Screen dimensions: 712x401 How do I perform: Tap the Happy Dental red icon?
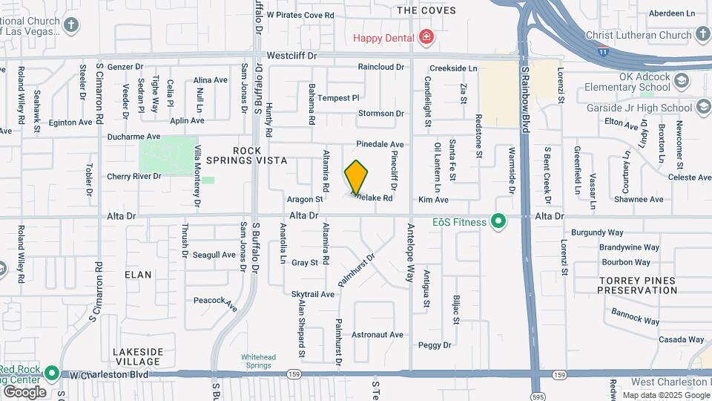(426, 36)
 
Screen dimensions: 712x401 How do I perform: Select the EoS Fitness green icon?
(500, 221)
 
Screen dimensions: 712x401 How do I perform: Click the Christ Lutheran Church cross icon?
(702, 33)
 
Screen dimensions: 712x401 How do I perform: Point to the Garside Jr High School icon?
(701, 108)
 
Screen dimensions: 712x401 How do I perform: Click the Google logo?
(24, 391)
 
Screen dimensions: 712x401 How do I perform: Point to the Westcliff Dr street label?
(291, 56)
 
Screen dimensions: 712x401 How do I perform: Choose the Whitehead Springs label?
(258, 360)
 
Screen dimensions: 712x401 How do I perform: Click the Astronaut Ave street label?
(378, 334)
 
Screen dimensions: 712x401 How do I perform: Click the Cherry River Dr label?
(134, 176)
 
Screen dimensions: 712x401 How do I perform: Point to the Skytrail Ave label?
(313, 294)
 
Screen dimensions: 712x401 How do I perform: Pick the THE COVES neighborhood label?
(426, 10)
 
